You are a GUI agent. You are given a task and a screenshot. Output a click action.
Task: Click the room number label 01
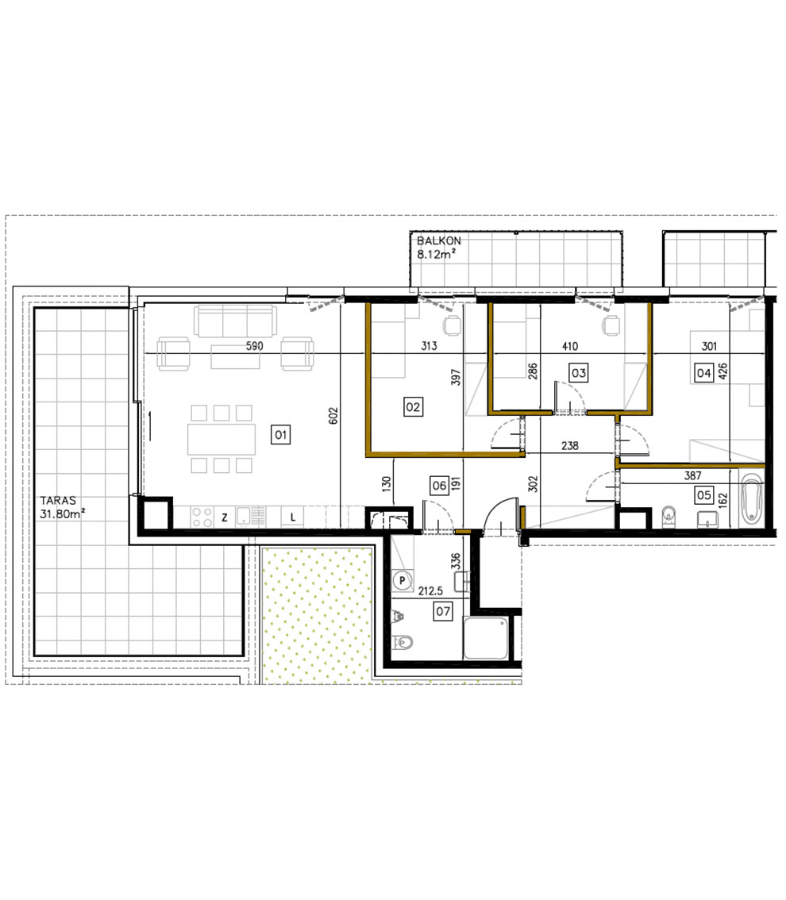[x=280, y=434]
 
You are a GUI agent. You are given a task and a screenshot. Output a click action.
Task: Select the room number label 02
[x=413, y=407]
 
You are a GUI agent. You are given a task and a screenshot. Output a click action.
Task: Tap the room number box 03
[x=578, y=371]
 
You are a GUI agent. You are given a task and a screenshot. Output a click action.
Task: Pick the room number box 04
[x=703, y=371]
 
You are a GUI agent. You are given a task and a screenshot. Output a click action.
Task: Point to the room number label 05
[x=703, y=494]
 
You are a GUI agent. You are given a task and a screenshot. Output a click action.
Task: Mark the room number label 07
[x=442, y=610]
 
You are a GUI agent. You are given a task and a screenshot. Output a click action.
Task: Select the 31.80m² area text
[x=62, y=514]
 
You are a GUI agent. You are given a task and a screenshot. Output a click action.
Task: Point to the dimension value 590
[x=253, y=346]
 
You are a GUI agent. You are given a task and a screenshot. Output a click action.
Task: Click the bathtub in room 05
[x=750, y=498]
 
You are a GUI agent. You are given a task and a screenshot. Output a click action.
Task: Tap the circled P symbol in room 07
[x=403, y=581]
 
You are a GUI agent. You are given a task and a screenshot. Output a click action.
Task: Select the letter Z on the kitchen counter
[x=225, y=517]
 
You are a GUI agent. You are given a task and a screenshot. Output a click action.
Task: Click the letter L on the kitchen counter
[x=293, y=517]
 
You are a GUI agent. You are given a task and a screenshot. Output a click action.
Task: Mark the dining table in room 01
[x=222, y=439]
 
